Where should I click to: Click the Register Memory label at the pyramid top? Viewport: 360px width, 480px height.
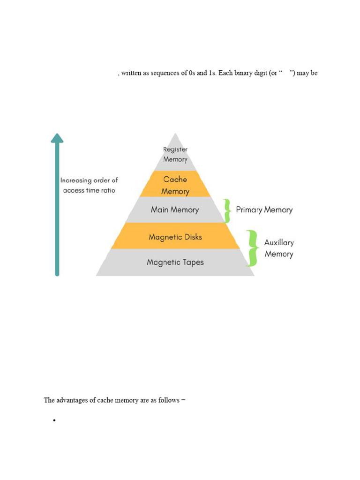175,154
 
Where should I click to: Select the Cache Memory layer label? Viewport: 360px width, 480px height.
175,185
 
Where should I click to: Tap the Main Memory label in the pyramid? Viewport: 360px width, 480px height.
175,210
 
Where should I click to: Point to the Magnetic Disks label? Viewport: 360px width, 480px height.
175,237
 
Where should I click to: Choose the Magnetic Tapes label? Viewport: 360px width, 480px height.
175,262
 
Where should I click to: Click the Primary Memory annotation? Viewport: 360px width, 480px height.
264,210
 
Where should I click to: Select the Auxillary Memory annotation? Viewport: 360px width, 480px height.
279,248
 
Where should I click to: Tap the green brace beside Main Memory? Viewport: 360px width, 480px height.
227,210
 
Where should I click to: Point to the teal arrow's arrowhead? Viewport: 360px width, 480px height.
57,137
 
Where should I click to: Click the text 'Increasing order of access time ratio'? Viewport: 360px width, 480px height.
89,185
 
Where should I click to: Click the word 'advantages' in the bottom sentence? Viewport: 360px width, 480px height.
73,400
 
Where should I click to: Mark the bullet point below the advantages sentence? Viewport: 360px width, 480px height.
55,421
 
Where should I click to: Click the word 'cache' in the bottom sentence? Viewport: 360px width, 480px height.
113,400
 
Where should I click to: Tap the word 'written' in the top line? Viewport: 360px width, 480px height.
132,74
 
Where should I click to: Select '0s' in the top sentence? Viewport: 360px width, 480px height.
192,74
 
